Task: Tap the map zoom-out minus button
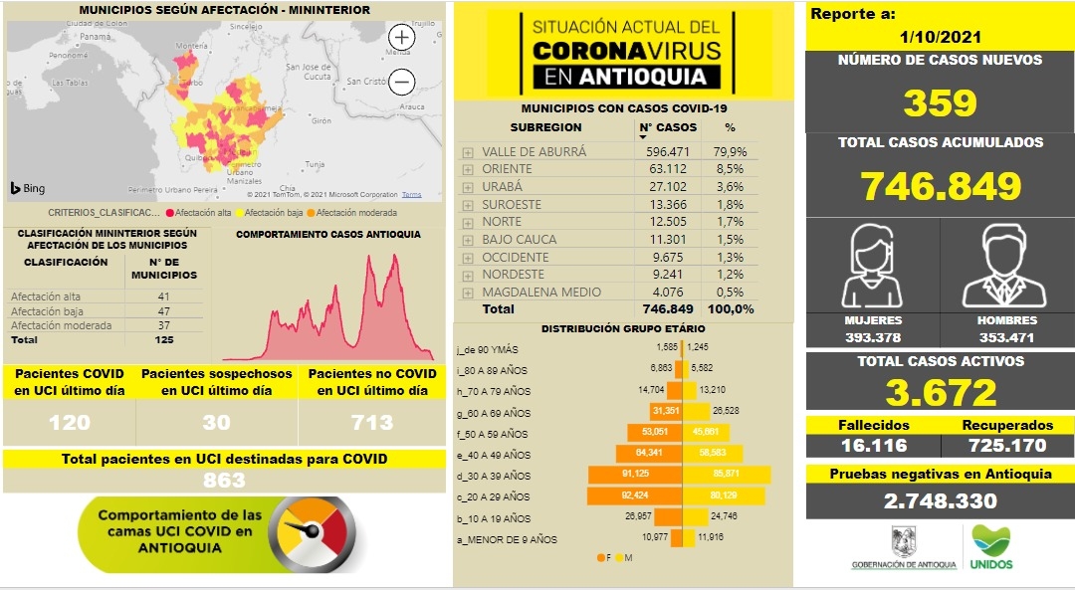click(402, 81)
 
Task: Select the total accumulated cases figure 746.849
click(941, 186)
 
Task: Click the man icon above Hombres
click(1006, 266)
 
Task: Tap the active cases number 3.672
click(941, 393)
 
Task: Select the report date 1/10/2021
click(940, 37)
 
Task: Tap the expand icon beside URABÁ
click(468, 187)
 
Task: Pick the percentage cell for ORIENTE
click(730, 169)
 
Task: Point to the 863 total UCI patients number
click(224, 481)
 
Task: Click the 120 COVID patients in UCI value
click(69, 422)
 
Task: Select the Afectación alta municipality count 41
click(164, 296)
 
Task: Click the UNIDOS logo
click(990, 547)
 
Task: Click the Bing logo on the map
click(27, 188)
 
